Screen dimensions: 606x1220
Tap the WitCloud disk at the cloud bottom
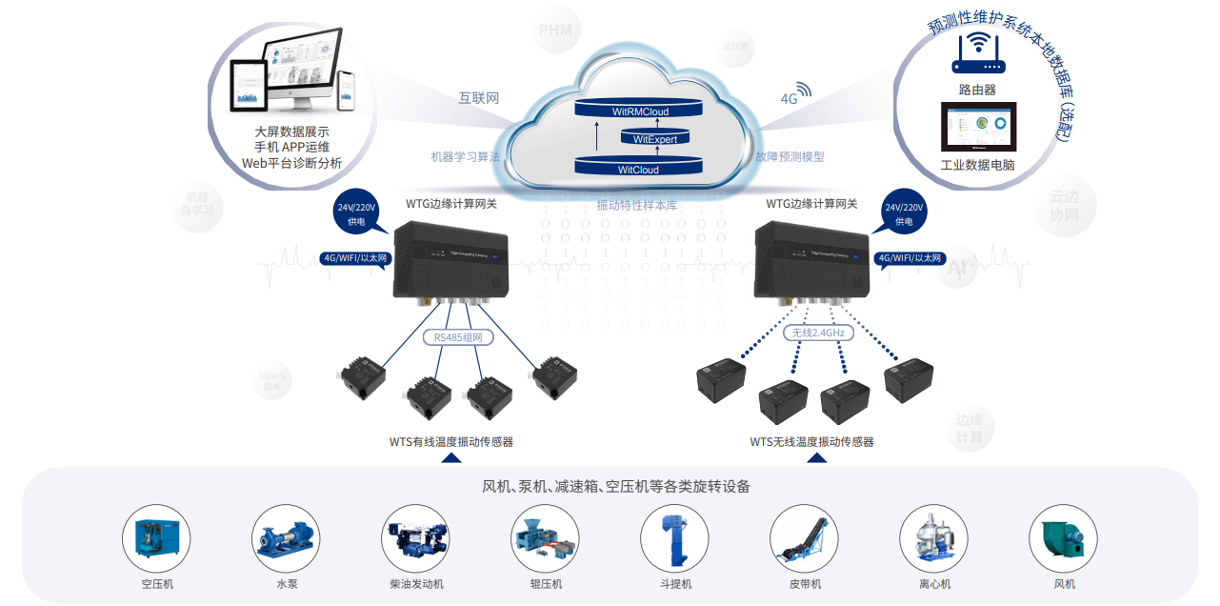tap(638, 167)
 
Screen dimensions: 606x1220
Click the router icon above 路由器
tap(978, 53)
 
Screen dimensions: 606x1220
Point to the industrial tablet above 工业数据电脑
tap(978, 128)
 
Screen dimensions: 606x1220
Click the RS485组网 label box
tap(458, 336)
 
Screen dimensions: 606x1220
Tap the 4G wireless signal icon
tap(804, 91)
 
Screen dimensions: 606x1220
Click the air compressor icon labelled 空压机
tap(156, 538)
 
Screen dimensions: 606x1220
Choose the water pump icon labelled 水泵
tap(286, 538)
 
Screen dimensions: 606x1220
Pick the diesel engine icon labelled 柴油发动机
tap(415, 538)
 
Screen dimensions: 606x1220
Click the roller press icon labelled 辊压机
tap(545, 538)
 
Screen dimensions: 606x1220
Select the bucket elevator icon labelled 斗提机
tap(674, 538)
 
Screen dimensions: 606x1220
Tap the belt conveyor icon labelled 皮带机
tap(804, 538)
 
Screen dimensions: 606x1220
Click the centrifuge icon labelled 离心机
tap(933, 538)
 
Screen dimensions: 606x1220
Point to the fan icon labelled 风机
tap(1063, 538)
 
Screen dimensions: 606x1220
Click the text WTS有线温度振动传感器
tap(450, 441)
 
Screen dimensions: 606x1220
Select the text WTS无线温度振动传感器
tap(811, 441)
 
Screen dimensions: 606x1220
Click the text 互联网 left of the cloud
tap(479, 98)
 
